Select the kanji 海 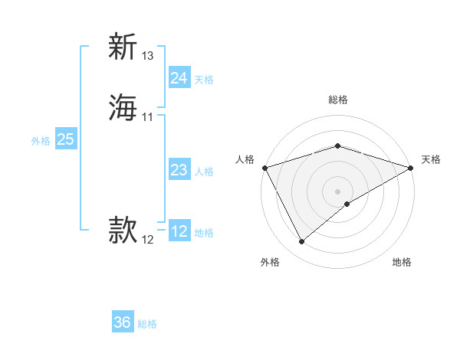(123, 106)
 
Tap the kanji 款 (123, 229)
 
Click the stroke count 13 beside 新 (148, 56)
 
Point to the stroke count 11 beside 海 (147, 117)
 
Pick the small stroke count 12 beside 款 (147, 240)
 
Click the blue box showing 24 (179, 78)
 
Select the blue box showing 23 (179, 170)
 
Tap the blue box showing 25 (65, 139)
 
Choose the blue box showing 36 (122, 322)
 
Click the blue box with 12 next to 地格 (179, 231)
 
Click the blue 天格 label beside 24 (204, 80)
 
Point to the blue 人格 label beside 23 (204, 172)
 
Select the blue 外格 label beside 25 (41, 141)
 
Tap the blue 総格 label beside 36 (147, 324)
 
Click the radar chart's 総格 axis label (337, 100)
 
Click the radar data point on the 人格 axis (264, 167)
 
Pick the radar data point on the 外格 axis (301, 242)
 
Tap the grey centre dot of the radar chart (337, 191)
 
